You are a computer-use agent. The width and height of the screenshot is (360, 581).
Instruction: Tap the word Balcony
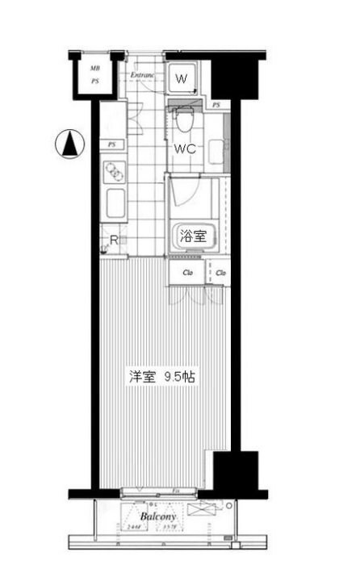[158, 516]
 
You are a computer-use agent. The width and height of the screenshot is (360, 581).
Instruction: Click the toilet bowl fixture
[183, 119]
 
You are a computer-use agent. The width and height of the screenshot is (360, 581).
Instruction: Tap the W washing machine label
[182, 79]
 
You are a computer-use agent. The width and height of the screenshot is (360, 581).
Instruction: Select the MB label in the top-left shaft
[95, 69]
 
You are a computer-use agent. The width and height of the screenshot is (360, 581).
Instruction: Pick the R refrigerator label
[115, 240]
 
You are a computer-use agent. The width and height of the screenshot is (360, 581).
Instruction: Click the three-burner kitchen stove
[114, 172]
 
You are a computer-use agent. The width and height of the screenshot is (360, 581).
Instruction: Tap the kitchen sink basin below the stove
[114, 203]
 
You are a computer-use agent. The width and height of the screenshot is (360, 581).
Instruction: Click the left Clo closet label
[187, 273]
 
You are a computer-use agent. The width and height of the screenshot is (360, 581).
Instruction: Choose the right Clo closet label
[220, 273]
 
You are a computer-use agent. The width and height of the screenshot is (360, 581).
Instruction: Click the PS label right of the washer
[216, 105]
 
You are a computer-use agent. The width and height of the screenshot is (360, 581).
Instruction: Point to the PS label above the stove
[111, 144]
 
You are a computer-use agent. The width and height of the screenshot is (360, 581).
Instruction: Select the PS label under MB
[95, 81]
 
